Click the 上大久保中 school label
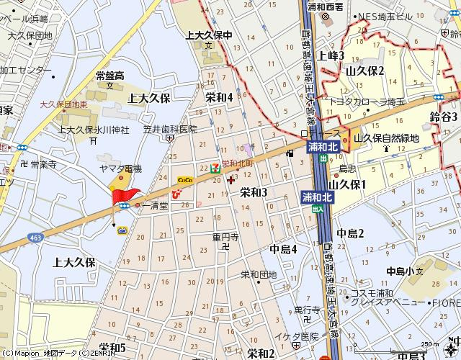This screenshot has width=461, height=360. coord(209,35)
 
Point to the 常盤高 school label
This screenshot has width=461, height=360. coord(110,76)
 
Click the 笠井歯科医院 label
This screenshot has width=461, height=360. coord(169,130)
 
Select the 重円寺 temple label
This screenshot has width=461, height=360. coord(225,236)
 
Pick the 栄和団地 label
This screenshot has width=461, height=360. coord(259,274)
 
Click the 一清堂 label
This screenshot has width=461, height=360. coord(154,206)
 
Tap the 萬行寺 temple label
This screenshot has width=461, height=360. coord(306,310)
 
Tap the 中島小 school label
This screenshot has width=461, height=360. coord(400,271)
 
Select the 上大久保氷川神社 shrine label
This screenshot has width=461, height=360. coord(94,130)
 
